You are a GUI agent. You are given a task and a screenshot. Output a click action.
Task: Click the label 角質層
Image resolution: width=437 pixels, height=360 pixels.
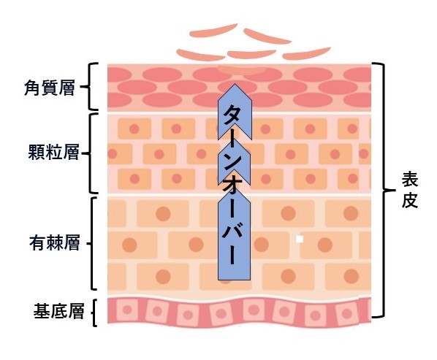(50, 88)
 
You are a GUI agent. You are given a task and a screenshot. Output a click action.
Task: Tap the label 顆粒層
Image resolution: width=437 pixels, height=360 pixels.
(53, 152)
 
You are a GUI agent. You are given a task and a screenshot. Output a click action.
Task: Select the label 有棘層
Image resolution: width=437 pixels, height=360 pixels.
(55, 242)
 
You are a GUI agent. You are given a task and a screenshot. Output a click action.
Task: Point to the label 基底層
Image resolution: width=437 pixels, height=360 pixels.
(58, 311)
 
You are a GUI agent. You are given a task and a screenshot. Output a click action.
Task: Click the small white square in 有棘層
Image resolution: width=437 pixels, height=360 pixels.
(300, 240)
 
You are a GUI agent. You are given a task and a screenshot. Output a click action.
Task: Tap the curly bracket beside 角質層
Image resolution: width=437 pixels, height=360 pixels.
(88, 87)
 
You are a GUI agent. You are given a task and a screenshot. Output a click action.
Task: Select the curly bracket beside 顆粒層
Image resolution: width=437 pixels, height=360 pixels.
(90, 153)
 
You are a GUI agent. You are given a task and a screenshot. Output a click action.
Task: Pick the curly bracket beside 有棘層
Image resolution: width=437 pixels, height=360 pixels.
(91, 243)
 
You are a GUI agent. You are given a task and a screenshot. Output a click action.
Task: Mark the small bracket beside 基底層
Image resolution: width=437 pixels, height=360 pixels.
(94, 313)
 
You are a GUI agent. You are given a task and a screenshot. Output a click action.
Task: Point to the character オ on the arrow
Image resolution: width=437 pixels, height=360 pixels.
(231, 189)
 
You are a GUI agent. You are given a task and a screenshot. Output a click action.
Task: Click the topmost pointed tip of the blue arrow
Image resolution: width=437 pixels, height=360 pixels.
(235, 83)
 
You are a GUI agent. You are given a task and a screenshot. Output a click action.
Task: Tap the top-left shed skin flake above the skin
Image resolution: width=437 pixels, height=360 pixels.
(213, 31)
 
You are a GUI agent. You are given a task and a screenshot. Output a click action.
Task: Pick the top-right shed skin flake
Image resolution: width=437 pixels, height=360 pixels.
(267, 37)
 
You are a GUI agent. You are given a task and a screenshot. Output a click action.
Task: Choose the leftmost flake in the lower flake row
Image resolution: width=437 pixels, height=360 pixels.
(201, 55)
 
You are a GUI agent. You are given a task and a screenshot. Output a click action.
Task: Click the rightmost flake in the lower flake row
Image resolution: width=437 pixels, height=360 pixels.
(307, 53)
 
